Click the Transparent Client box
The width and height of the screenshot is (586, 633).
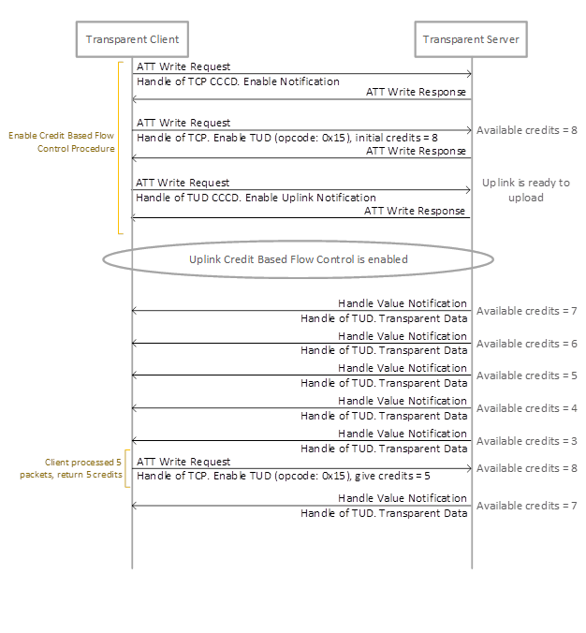[x=132, y=39]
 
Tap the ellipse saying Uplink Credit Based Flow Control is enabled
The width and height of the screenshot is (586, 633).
[x=299, y=259]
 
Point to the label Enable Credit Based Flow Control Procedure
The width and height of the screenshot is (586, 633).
[x=62, y=141]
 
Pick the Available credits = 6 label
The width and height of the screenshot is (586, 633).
[x=526, y=344]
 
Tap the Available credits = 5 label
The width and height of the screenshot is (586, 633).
[x=526, y=375]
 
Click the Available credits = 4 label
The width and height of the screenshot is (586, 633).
[x=526, y=408]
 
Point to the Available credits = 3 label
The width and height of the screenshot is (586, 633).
[x=526, y=441]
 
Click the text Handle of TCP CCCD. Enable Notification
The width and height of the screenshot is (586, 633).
[x=238, y=81]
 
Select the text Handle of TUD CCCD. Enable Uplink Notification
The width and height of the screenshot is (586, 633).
[x=256, y=198]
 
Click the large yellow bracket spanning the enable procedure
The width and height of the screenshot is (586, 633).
[x=120, y=147]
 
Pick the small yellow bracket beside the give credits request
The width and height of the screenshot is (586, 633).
[x=127, y=468]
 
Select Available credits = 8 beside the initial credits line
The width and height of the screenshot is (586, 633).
[x=526, y=130]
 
